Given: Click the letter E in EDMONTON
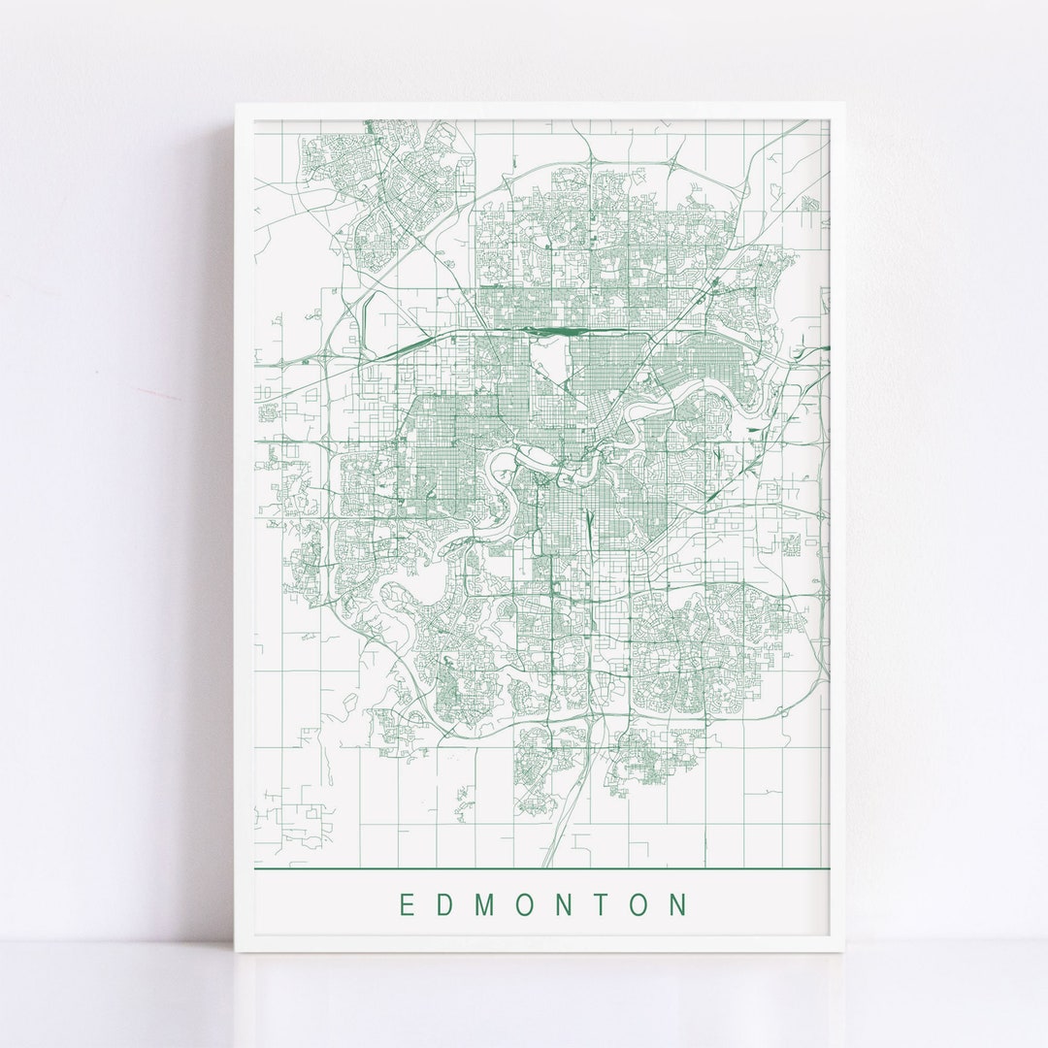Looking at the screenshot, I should [407, 905].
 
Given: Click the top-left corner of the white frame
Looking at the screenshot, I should [236, 105].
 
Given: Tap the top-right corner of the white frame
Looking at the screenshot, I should [843, 105].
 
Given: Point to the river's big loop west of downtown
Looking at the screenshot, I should [506, 475].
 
